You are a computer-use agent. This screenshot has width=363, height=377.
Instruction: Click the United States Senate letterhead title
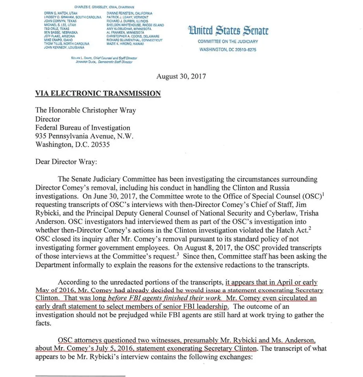pos(228,30)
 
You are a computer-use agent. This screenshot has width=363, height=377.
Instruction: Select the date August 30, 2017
pos(181,76)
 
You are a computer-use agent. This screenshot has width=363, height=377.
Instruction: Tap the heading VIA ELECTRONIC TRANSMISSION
pos(98,93)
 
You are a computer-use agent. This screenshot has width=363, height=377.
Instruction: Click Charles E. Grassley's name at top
pos(104,7)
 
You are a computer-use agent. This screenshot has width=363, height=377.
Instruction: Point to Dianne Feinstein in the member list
pos(127,13)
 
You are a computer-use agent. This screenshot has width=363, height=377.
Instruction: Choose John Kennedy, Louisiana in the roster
pos(64,47)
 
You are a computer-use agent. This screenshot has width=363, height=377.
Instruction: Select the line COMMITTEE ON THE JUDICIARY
pos(228,42)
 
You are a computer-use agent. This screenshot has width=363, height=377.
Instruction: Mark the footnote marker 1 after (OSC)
pos(322,193)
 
